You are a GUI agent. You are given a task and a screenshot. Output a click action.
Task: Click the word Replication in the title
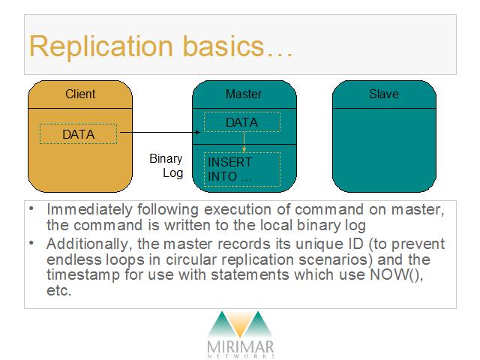tap(101, 46)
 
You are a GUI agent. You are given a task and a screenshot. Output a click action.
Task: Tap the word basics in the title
tap(223, 46)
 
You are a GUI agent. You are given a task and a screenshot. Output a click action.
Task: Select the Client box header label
tap(80, 94)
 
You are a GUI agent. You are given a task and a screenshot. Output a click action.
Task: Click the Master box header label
tap(244, 94)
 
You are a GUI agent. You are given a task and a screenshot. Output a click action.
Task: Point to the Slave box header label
tap(384, 94)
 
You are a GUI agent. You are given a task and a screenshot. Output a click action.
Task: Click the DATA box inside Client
tap(78, 133)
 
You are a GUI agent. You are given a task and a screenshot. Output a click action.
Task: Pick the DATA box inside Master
tap(242, 121)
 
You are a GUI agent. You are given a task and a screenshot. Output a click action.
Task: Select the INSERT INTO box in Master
tap(242, 169)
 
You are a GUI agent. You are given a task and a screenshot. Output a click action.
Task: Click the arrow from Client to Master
tap(160, 133)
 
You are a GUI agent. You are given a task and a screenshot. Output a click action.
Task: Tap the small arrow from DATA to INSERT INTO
tap(244, 142)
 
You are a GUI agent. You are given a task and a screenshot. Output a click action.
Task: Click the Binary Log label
tap(166, 166)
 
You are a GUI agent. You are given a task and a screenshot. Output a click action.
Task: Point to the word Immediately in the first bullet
tap(89, 210)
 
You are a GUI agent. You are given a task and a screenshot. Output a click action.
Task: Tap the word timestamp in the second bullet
tap(83, 275)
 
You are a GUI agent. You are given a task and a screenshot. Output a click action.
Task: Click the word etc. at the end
tap(58, 290)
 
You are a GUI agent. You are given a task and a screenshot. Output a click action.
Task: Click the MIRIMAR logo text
tap(240, 346)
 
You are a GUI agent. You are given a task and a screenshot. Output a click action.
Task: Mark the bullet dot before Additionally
tap(31, 243)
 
